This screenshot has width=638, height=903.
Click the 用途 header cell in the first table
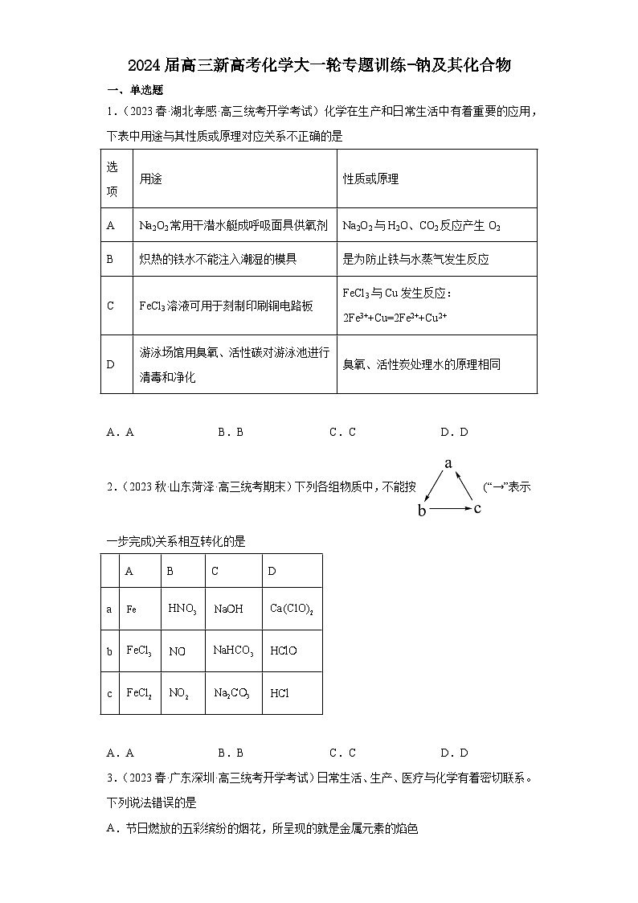click(x=151, y=179)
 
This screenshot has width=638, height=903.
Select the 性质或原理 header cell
click(x=370, y=179)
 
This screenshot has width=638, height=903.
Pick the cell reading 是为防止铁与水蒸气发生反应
click(x=415, y=260)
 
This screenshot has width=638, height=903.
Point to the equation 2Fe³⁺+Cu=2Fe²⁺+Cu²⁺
click(x=395, y=318)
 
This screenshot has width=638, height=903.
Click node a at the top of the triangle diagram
click(x=449, y=463)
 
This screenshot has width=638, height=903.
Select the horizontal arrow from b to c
click(x=451, y=509)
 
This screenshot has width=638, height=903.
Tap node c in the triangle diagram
click(x=477, y=508)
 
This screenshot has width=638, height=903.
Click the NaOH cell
click(x=228, y=610)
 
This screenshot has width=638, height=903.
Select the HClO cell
click(x=284, y=651)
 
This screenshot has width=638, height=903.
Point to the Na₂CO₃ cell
click(x=231, y=692)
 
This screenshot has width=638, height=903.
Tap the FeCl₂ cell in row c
click(x=138, y=692)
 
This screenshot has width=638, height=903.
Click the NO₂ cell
click(x=179, y=692)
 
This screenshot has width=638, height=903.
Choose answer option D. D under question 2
click(x=454, y=753)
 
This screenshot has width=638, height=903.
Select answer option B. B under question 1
click(x=231, y=432)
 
